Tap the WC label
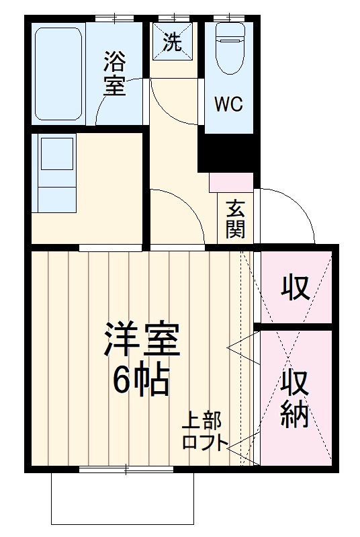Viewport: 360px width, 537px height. point(228,104)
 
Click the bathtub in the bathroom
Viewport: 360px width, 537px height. point(58,74)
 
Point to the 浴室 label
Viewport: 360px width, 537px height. point(115,75)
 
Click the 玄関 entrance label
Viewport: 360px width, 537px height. point(234,218)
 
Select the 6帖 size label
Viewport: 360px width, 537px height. point(141,382)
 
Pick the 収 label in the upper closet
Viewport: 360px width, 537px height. point(295,288)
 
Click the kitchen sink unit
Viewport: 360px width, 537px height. point(57,171)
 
